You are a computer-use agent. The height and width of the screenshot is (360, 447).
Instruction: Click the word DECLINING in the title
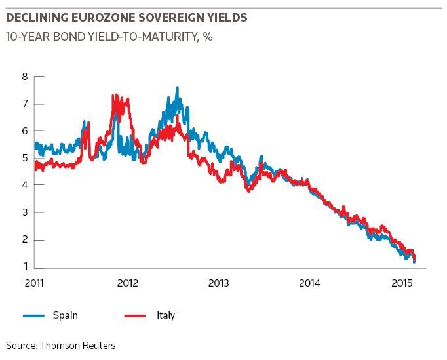[x=37, y=18]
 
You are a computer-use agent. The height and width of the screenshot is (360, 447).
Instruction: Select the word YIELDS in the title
[x=227, y=18]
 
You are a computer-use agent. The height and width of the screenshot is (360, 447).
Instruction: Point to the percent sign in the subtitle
[x=208, y=37]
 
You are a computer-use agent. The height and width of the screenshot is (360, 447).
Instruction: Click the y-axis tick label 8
[x=26, y=77]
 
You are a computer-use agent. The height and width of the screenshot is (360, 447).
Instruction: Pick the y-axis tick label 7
[x=26, y=104]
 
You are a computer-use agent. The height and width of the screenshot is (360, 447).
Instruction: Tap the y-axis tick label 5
[x=26, y=158]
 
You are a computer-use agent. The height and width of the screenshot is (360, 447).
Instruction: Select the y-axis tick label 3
[x=26, y=212]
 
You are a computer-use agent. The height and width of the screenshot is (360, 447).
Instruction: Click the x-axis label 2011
[x=34, y=283]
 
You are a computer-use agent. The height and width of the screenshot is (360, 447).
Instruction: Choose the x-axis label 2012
[x=127, y=283]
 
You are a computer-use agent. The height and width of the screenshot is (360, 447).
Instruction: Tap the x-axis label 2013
[x=219, y=283]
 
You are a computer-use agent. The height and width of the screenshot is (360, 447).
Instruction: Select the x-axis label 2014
[x=309, y=283]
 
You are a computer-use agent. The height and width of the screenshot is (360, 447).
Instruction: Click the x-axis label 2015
[x=402, y=283]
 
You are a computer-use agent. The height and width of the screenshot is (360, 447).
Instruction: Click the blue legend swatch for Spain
[x=33, y=316]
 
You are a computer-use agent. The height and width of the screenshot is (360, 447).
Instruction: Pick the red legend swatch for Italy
[x=135, y=316]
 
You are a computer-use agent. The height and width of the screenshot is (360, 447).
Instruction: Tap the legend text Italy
[x=166, y=315]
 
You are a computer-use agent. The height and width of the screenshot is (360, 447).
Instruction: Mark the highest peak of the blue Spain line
[x=178, y=87]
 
